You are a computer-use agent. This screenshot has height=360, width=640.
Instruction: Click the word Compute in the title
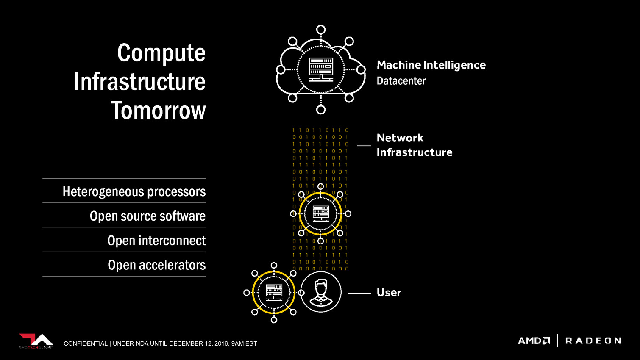click(161, 53)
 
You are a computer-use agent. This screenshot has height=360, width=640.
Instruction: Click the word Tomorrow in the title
click(158, 111)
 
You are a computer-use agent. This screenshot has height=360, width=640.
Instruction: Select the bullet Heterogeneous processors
click(134, 191)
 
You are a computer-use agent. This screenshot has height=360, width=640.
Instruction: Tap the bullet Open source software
click(147, 216)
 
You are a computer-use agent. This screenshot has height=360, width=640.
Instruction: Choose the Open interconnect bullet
click(156, 241)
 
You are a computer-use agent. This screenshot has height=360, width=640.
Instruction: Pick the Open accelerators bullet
click(156, 265)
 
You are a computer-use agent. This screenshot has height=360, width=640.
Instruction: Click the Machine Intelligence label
click(431, 65)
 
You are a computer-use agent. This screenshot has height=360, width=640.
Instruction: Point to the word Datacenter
click(401, 81)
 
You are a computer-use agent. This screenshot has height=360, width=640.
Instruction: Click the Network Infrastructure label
click(414, 145)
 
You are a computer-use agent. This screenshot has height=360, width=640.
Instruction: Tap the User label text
click(389, 293)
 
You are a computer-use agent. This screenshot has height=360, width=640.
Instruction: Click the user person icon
click(321, 292)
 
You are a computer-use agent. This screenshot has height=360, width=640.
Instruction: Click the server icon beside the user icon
click(274, 292)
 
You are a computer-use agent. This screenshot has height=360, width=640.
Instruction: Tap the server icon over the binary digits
click(320, 213)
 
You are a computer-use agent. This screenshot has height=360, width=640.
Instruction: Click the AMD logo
click(534, 341)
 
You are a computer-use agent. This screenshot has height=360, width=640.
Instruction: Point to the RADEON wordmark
click(593, 341)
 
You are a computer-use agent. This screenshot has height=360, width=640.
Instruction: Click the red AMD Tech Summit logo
click(36, 341)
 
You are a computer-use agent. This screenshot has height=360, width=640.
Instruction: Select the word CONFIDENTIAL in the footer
click(86, 343)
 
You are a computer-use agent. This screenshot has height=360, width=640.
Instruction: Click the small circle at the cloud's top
click(321, 30)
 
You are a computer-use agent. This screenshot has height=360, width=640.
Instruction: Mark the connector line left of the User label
click(359, 293)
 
